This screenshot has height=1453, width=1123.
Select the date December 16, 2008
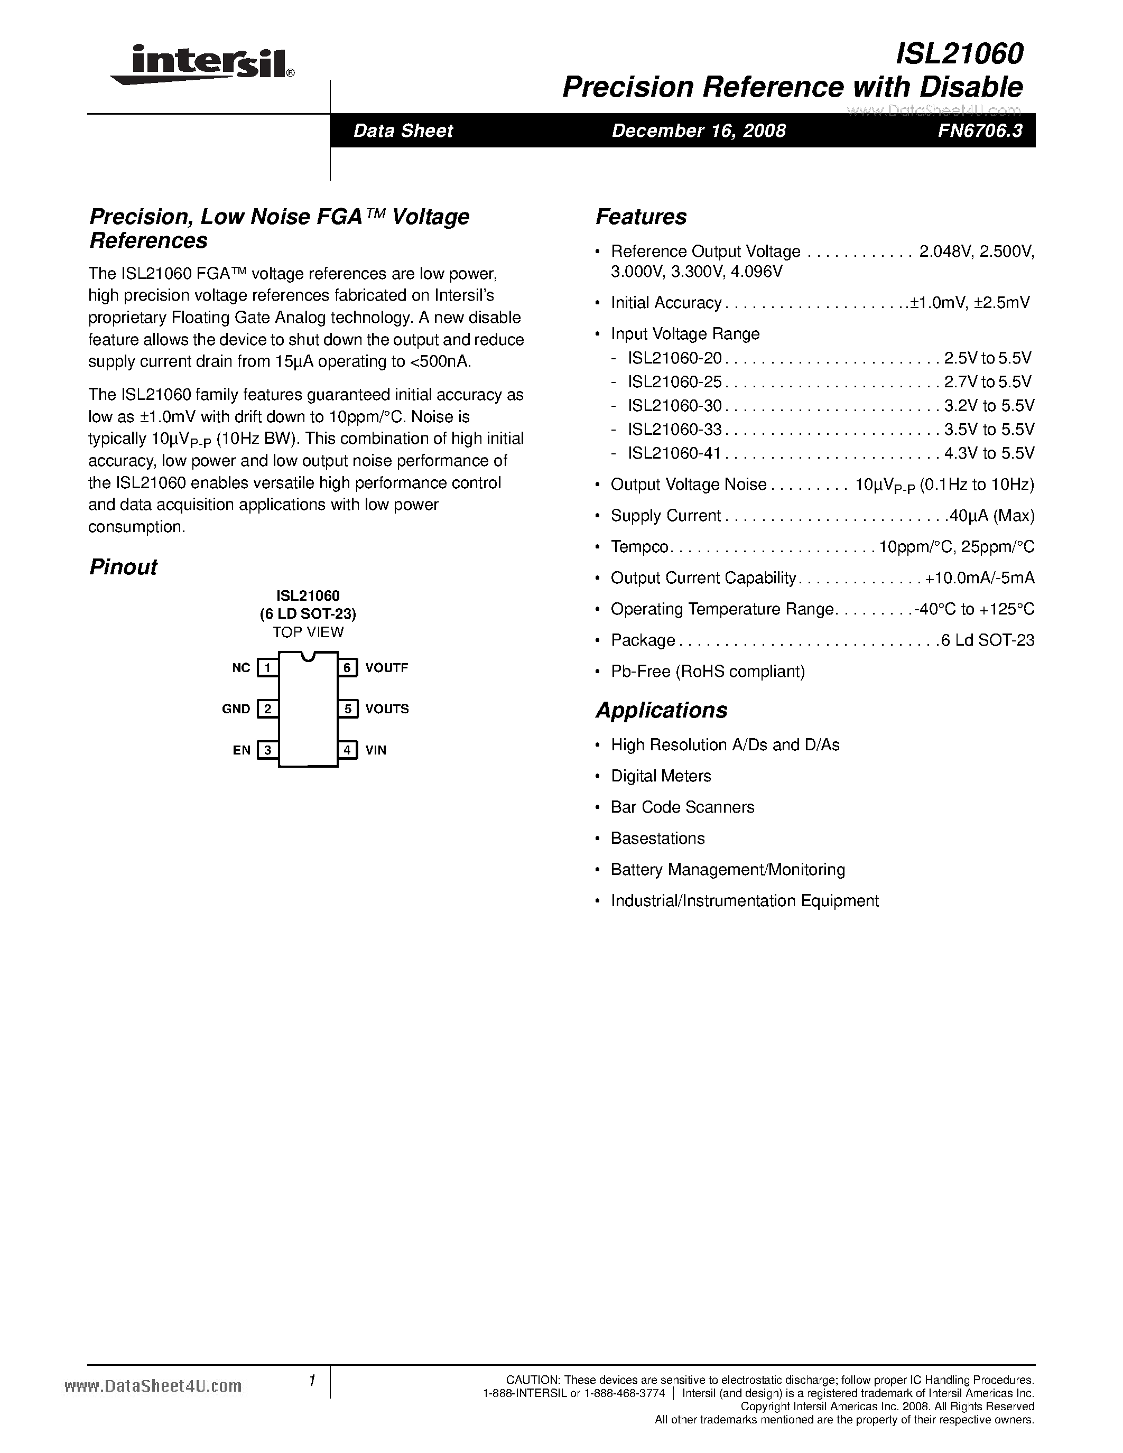point(699,131)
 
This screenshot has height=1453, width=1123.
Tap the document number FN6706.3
point(979,131)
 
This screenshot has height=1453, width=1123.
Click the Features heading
point(641,217)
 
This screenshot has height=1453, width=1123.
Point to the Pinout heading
point(123,567)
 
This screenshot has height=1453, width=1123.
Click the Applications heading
point(661,710)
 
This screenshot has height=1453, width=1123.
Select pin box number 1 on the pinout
point(267,667)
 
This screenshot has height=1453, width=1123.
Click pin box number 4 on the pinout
point(347,750)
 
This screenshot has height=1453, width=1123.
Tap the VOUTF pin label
point(386,667)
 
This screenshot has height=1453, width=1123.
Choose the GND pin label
point(236,709)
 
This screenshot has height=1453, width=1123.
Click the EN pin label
point(242,750)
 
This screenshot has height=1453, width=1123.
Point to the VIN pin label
point(376,750)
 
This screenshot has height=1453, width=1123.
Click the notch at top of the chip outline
point(308,657)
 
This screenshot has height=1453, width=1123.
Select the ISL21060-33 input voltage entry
point(675,429)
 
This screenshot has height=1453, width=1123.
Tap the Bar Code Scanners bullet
point(683,807)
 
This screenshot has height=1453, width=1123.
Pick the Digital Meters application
point(661,776)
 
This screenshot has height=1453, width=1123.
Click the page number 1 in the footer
point(311,1381)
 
